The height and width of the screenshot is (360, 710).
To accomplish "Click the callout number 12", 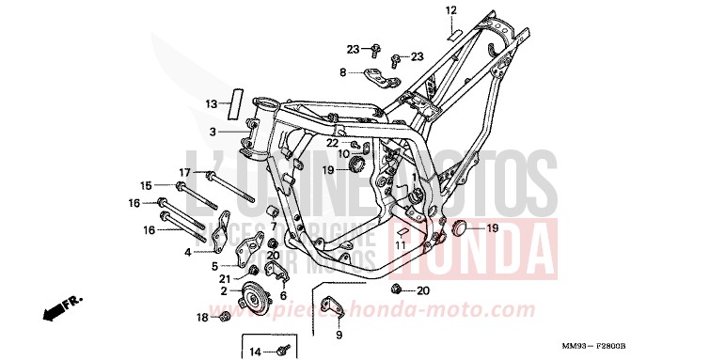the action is point(450,10).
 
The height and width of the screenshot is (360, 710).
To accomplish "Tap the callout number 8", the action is point(343,71).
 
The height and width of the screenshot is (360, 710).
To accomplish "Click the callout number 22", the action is point(332,142).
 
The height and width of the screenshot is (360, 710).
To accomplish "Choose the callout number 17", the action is point(185,171).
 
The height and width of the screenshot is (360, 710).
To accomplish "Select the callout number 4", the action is point(188,252).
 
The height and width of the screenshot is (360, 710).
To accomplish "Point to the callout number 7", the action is point(274,227).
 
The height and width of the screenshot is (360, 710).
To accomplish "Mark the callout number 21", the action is point(225,279).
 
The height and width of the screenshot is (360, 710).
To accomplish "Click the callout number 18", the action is point(202,318).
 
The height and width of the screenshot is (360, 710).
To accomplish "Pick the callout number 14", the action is point(255,352).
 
